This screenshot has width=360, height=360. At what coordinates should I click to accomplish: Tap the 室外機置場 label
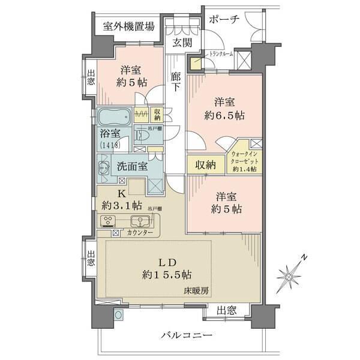tap(128, 26)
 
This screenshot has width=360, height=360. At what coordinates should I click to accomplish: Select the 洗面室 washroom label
tap(132, 167)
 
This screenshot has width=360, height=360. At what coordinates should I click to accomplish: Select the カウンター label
tap(140, 232)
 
